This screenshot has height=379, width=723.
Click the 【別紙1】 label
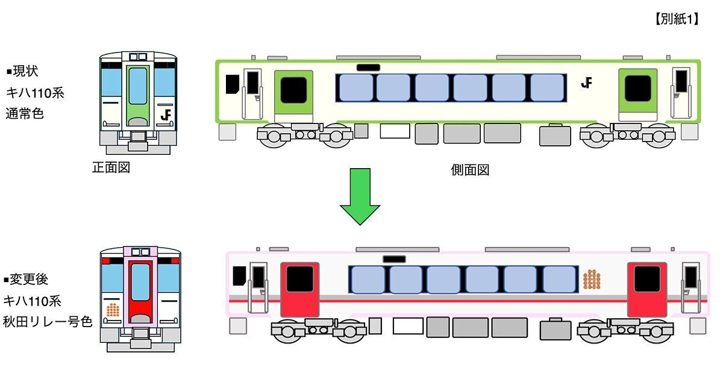pos(676,19)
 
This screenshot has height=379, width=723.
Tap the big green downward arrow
pos(360,196)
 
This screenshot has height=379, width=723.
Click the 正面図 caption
pos(111,168)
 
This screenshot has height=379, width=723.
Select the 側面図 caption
pos(470,170)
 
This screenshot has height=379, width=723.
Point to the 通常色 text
pos(25,113)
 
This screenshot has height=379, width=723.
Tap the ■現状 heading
pos(22,72)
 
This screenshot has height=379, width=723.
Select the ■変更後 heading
pos(26,280)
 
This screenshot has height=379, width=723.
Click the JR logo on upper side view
pos(586,83)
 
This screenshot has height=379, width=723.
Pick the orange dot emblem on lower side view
pos(592,279)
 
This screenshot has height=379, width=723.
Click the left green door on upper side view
pos(294,95)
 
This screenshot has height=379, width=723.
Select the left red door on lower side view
pos(299,289)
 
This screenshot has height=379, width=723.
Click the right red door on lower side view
pos(647,289)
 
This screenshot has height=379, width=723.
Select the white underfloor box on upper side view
pos(395,131)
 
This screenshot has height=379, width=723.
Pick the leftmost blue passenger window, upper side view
pos(355,87)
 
